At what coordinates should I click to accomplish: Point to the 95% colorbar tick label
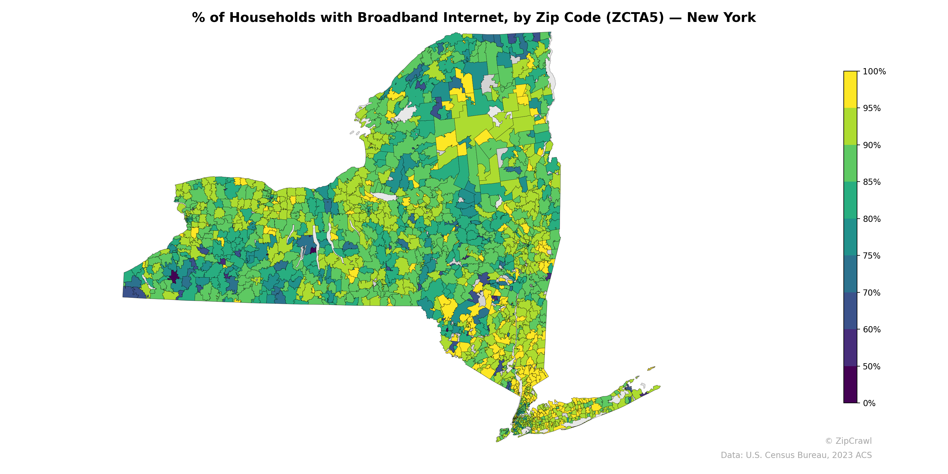tap(872, 108)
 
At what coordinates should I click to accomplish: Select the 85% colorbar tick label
tap(872, 182)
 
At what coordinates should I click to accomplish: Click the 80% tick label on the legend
tap(872, 219)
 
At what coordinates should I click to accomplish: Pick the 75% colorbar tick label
tap(872, 256)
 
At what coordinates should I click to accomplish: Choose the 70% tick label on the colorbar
tap(872, 293)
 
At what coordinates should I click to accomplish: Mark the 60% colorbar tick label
tap(872, 330)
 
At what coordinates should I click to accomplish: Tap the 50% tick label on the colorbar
tap(872, 366)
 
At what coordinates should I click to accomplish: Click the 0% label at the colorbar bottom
tap(869, 403)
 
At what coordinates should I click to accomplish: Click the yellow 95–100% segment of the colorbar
tap(850, 89)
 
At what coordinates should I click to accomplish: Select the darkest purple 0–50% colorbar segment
tap(850, 385)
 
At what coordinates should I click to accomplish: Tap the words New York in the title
tap(721, 18)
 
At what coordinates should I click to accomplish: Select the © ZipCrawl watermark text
tap(848, 441)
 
